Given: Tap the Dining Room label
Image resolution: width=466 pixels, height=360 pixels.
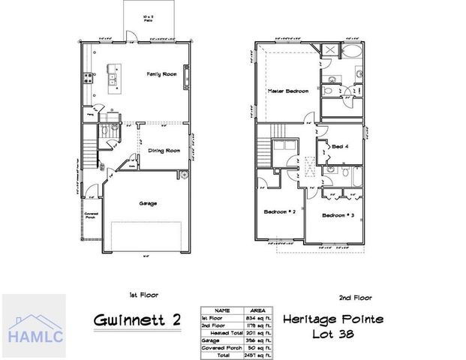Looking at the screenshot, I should point(162,151).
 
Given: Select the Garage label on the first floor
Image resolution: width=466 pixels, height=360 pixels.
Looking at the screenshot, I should point(147,203).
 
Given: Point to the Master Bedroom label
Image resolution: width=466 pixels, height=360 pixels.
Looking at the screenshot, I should point(288,91).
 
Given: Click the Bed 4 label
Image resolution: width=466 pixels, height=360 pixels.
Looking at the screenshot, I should point(338,146).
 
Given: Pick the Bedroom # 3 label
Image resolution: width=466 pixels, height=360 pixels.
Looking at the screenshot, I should point(338,215).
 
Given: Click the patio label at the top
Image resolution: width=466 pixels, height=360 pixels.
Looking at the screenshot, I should point(150,17).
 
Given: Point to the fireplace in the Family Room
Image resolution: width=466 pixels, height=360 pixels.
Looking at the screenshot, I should point(187,75).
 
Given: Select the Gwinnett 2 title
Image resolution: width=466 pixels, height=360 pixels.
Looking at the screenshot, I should point(138,319).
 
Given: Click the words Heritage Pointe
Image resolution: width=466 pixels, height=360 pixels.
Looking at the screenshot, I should point(333,319).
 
